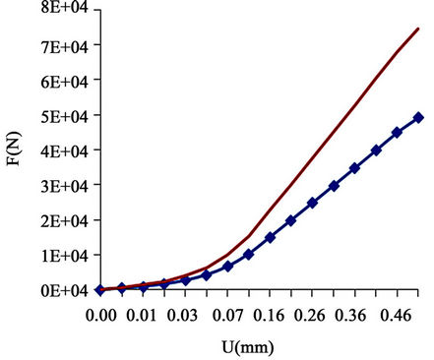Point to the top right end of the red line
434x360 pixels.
(x=419, y=29)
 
